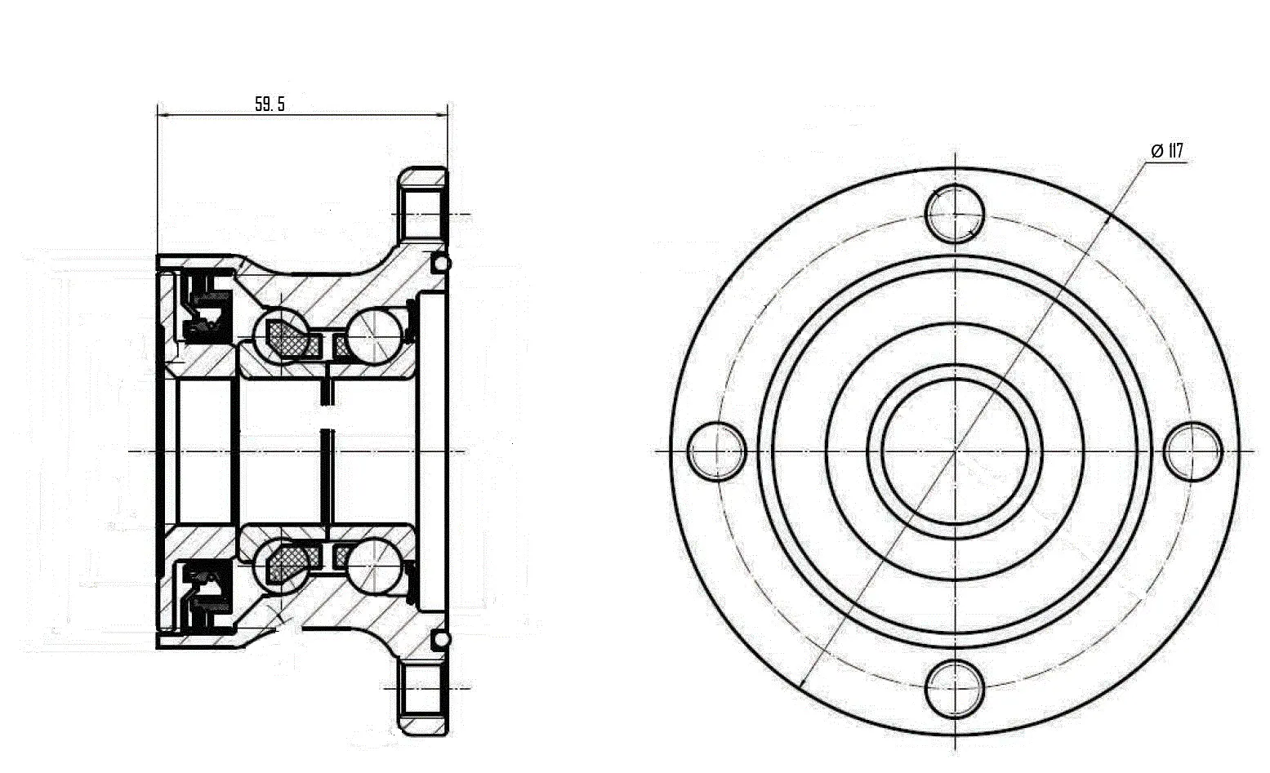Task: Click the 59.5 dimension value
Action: click(x=270, y=104)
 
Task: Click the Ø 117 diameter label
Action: click(x=1167, y=151)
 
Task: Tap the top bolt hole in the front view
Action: click(x=955, y=214)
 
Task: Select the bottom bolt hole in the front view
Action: click(x=955, y=688)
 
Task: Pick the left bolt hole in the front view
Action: click(x=717, y=451)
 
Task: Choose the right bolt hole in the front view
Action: click(x=1193, y=451)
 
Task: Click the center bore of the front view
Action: click(x=956, y=451)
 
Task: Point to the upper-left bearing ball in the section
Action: click(x=282, y=335)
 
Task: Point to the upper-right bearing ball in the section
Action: click(x=375, y=335)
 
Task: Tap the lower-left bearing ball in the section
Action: click(x=282, y=566)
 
